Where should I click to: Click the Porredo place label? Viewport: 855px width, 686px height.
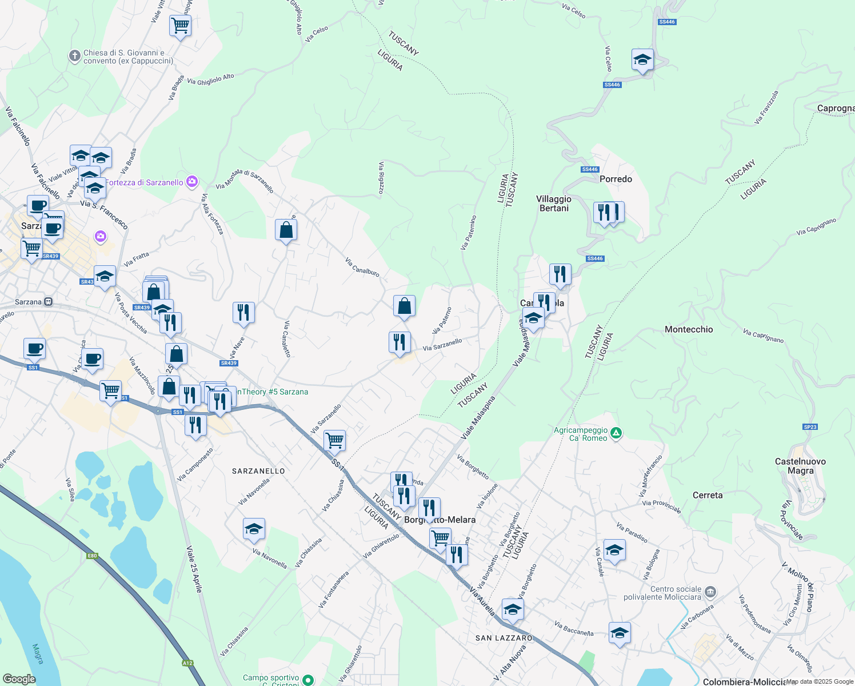point(616,179)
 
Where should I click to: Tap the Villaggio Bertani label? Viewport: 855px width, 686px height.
point(553,204)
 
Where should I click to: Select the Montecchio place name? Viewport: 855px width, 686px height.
point(689,329)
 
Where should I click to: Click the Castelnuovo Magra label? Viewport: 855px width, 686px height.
point(800,466)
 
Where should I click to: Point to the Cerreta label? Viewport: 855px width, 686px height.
point(708,495)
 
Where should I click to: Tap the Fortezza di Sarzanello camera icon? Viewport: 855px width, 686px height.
point(192,182)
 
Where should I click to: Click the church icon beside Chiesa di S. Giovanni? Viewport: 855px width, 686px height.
point(74,56)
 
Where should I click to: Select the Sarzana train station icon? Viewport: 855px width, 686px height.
point(49,302)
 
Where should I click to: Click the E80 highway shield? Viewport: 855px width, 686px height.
point(92,555)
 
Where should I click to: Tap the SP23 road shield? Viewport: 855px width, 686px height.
point(810,427)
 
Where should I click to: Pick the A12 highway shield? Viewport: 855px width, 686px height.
point(187,663)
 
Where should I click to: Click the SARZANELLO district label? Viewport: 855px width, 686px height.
point(258,471)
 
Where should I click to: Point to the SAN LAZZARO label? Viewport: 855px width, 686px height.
point(504,638)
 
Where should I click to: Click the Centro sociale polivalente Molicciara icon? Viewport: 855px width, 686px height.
point(710,591)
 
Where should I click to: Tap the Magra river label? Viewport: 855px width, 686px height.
point(38,654)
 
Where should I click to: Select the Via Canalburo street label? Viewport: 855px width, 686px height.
point(362,267)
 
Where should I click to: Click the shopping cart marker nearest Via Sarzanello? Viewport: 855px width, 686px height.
point(334,441)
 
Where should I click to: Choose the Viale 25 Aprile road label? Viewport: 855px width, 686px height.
point(194,569)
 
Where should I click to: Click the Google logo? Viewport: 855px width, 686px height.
point(19,679)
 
